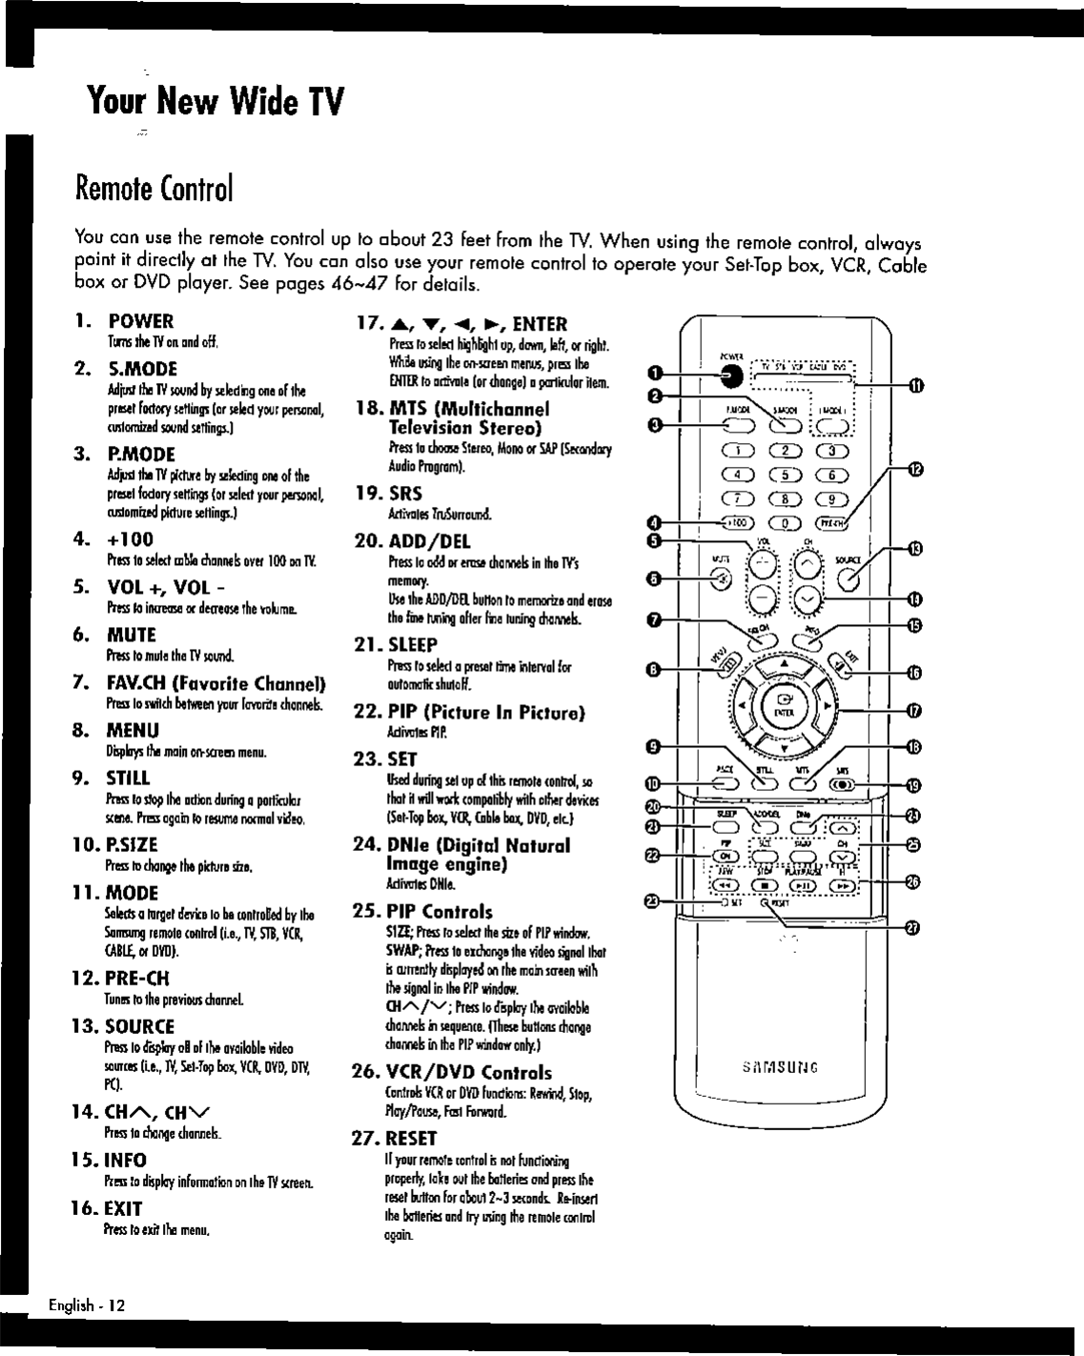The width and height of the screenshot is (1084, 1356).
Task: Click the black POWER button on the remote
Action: click(731, 376)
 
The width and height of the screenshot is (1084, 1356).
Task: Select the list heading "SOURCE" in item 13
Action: click(140, 1026)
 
